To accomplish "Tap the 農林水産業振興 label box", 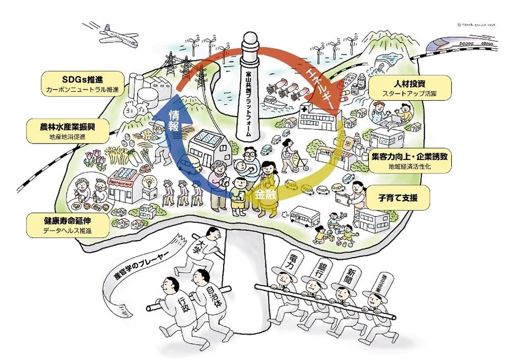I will [x=68, y=131].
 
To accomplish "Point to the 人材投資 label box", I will [x=410, y=88].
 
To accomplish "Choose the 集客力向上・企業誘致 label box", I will [x=410, y=161].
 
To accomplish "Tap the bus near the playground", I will [x=304, y=216].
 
